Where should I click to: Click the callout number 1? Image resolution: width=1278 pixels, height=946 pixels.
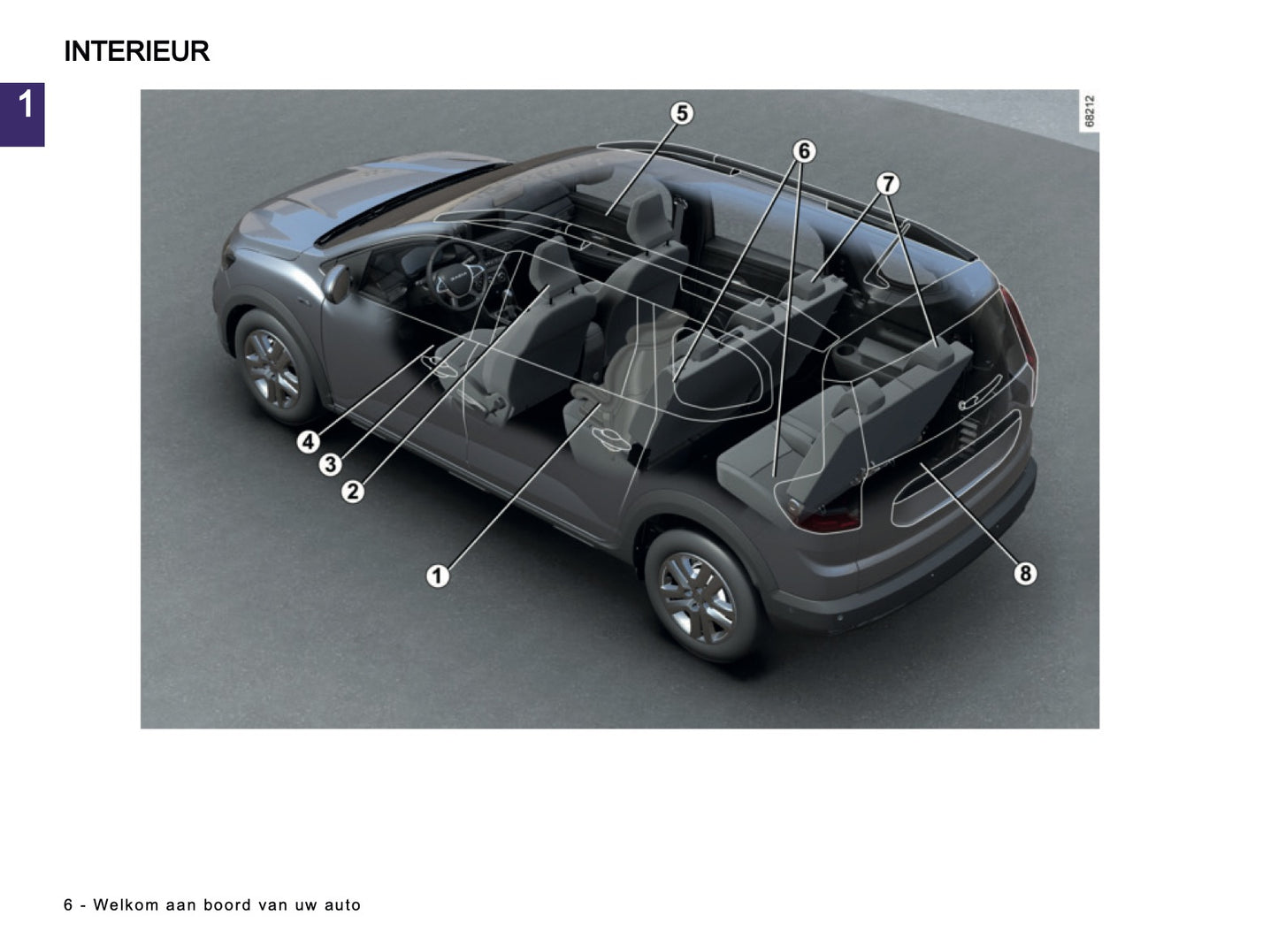(437, 576)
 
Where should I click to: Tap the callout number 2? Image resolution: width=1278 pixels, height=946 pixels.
(352, 491)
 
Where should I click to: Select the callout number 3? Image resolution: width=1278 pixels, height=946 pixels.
(330, 464)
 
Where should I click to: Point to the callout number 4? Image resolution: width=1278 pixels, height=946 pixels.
(308, 441)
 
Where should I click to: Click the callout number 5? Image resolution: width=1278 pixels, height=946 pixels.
(681, 113)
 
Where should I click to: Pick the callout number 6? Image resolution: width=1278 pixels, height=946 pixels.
(803, 151)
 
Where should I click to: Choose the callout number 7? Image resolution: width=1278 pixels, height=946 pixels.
(887, 183)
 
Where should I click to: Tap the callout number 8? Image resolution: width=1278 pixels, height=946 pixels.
(1024, 573)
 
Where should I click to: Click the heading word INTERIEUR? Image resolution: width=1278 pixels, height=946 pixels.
(136, 51)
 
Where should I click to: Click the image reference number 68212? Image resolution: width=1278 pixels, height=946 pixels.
(1090, 112)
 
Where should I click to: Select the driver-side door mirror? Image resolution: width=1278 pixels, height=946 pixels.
(336, 283)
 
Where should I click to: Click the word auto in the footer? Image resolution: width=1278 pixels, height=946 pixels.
(342, 905)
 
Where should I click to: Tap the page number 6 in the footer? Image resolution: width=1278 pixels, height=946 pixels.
(68, 905)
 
